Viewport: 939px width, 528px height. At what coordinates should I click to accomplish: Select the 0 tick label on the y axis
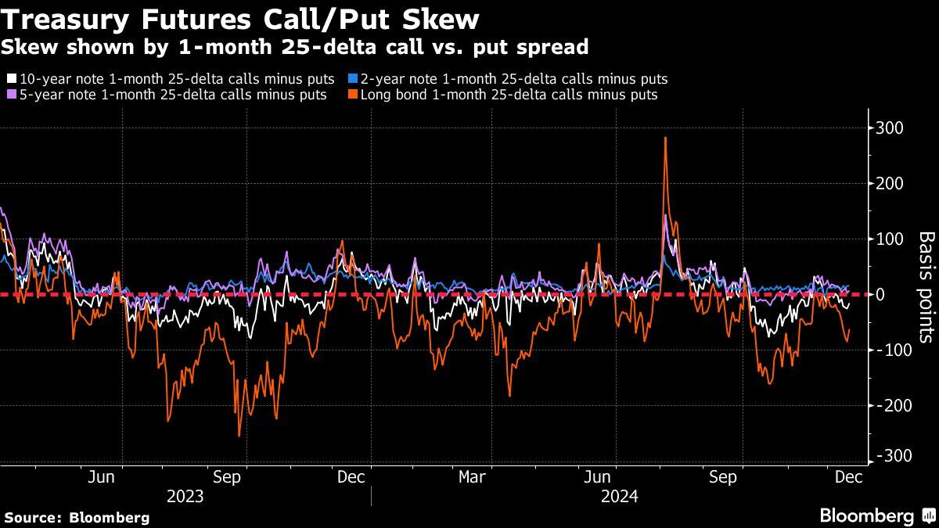pos(882,295)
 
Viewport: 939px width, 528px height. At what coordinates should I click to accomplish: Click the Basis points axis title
pos(926,287)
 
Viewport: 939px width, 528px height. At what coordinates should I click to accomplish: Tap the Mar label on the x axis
pos(472,477)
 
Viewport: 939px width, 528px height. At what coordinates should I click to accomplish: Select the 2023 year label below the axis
pos(185,497)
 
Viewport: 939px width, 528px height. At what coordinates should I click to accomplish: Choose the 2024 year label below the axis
pos(620,497)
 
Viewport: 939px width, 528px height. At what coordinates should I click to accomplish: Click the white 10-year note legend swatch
pos(12,79)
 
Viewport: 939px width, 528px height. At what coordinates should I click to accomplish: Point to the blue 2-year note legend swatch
pos(353,79)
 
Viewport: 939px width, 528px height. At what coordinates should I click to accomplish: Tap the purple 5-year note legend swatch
pos(12,95)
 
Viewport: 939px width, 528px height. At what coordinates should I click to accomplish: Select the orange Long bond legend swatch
pos(353,95)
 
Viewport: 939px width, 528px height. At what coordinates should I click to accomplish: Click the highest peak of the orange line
pos(665,138)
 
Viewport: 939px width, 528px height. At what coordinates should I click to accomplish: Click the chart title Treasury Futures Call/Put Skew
pos(242,19)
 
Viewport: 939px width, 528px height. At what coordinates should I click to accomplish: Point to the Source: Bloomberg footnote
pos(77,517)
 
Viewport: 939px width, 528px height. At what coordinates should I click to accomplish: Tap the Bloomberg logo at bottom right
pos(876,515)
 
